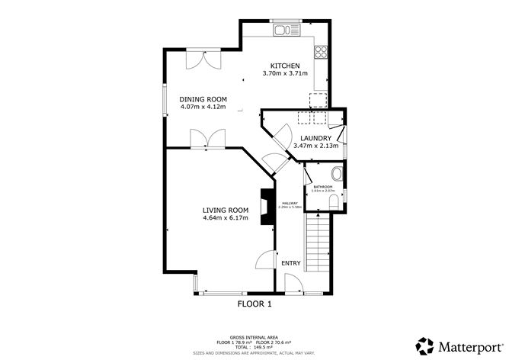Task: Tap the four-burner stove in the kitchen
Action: (321, 53)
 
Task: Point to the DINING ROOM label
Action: (203, 99)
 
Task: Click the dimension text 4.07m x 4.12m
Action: (203, 107)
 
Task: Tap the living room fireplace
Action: (266, 208)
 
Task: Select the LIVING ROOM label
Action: (226, 211)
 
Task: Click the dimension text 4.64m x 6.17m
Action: (226, 219)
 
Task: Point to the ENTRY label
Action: (291, 263)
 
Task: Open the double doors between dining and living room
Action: (206, 139)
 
